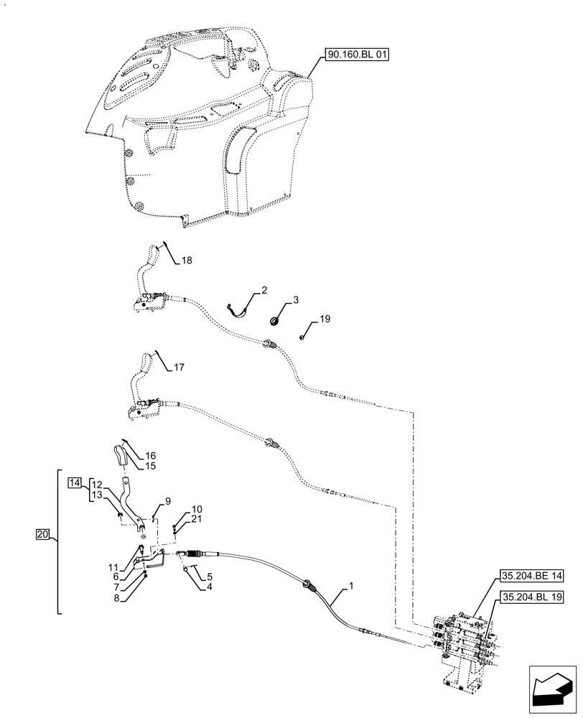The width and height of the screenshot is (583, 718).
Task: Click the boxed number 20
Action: tap(43, 534)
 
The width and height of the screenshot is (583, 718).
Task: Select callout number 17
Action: tap(179, 367)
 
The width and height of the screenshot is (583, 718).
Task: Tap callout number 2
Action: tap(264, 290)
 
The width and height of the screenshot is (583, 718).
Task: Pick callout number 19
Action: tap(325, 320)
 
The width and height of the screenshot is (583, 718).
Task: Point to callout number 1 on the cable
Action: tap(351, 587)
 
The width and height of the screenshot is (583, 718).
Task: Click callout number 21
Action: tap(197, 518)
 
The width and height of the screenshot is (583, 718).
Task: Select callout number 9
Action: tap(167, 500)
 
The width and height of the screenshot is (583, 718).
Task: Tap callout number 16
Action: tap(151, 455)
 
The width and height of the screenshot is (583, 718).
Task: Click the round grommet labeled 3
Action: tap(275, 320)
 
